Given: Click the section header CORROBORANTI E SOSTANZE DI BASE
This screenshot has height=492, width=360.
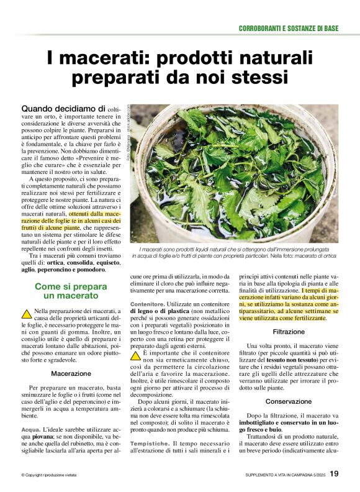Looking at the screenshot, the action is pyautogui.click(x=289, y=29).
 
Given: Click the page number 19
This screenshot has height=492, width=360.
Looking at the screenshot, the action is pyautogui.click(x=334, y=474).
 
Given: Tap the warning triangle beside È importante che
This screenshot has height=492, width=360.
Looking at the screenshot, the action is pyautogui.click(x=135, y=356).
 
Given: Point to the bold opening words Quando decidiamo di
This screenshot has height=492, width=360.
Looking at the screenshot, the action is pyautogui.click(x=63, y=109).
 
